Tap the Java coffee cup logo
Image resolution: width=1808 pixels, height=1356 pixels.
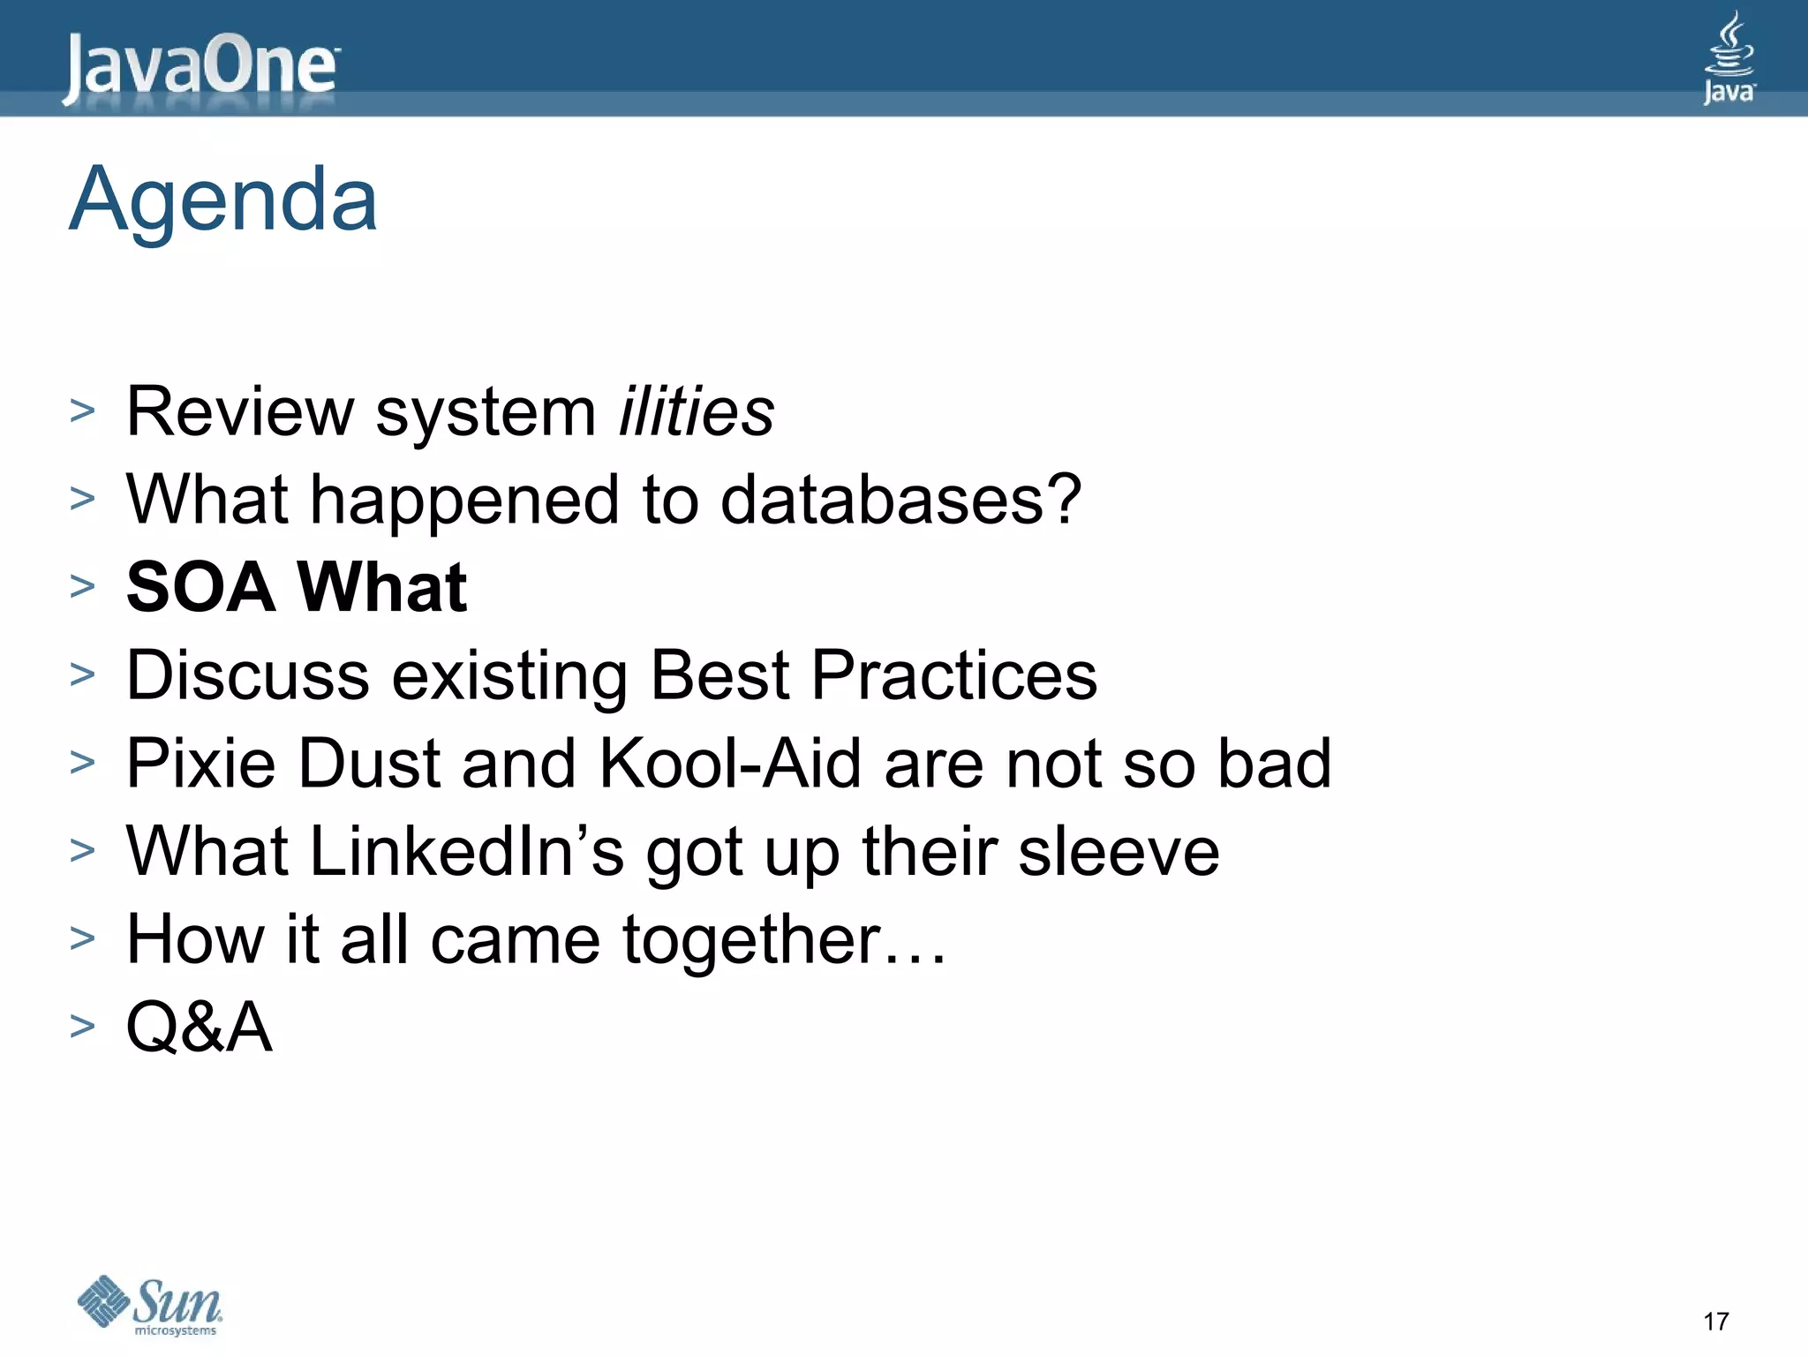pyautogui.click(x=1729, y=58)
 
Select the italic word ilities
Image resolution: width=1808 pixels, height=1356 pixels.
pyautogui.click(x=697, y=411)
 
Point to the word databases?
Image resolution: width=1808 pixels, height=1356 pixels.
pyautogui.click(x=901, y=500)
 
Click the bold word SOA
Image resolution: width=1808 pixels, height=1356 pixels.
pyautogui.click(x=201, y=587)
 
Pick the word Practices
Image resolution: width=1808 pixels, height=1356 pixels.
pyautogui.click(x=953, y=675)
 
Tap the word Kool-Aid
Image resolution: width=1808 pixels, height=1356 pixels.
pyautogui.click(x=730, y=763)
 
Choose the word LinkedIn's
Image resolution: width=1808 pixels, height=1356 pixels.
pyautogui.click(x=467, y=851)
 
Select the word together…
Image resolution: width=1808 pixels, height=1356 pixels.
pyautogui.click(x=784, y=939)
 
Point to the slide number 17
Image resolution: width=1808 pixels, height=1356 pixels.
pyautogui.click(x=1715, y=1322)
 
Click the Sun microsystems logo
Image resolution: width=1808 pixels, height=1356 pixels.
pyautogui.click(x=150, y=1305)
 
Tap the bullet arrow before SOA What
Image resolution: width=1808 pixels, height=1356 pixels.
pyautogui.click(x=82, y=586)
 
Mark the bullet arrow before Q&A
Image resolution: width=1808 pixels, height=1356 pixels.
pyautogui.click(x=82, y=1026)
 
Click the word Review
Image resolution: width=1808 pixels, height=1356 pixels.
pyautogui.click(x=240, y=411)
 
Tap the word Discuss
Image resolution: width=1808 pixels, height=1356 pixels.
pyautogui.click(x=248, y=675)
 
